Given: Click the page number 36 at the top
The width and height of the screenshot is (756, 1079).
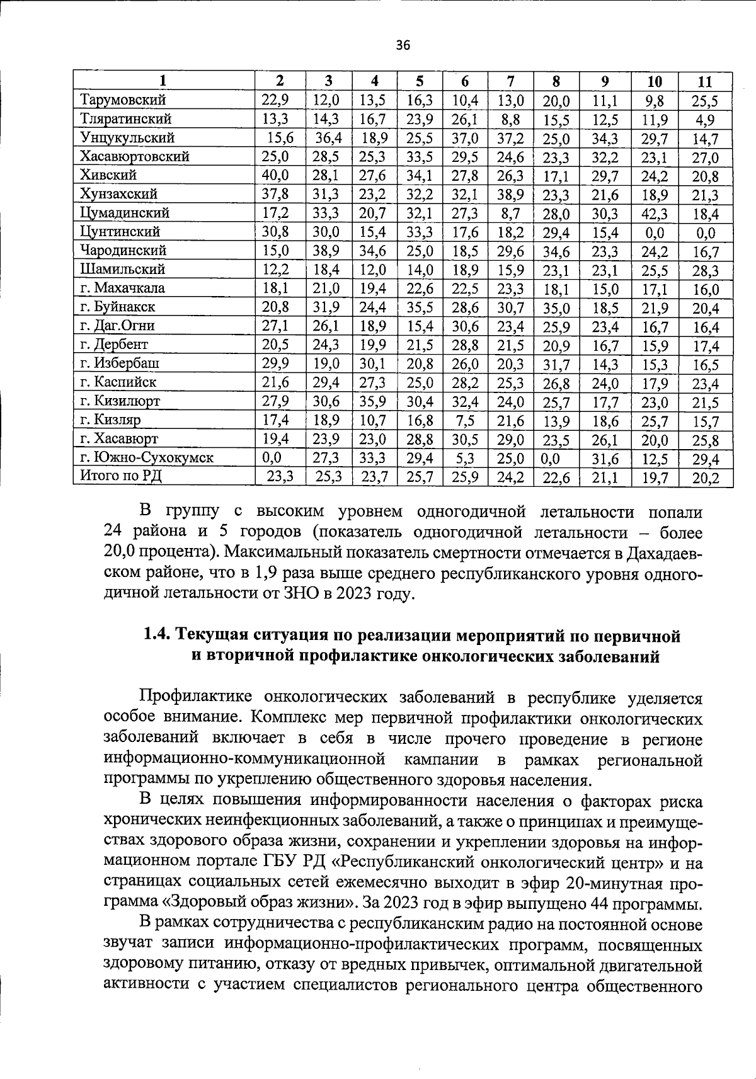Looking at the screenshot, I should pos(403,45).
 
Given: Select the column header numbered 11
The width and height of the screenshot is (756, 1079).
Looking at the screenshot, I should pos(705,81).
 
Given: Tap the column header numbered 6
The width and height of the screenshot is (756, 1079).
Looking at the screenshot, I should pos(465,81).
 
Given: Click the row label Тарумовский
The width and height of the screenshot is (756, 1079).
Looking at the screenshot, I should pos(123,100).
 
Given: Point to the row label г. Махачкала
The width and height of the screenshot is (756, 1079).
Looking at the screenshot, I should pos(123,288).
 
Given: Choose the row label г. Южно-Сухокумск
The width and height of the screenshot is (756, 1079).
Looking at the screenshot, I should pos(146,457).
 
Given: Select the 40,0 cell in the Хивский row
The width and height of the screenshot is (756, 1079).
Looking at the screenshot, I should pos(275,175).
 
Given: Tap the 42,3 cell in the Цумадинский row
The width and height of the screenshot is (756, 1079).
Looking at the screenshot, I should pos(655,213).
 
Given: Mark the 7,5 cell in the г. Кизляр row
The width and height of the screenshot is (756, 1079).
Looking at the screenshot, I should pos(465,420).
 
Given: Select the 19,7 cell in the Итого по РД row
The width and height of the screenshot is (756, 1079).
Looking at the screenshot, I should pos(655,477).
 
